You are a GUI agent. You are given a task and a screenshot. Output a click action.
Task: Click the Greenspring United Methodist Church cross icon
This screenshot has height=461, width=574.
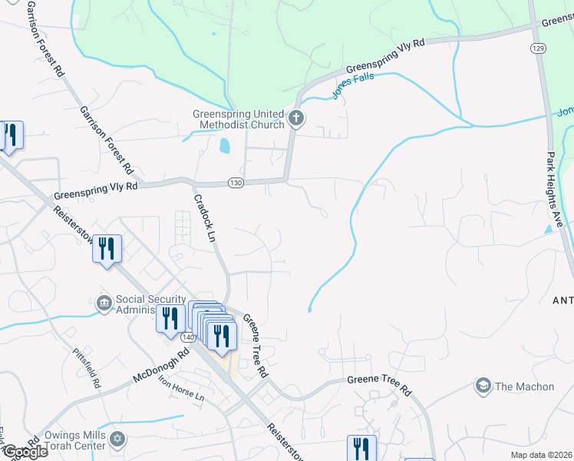tap(297, 120)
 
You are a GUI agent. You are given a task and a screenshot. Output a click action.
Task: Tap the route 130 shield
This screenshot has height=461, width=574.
tap(236, 182)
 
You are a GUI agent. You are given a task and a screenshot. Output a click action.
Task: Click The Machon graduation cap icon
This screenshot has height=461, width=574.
tap(483, 385)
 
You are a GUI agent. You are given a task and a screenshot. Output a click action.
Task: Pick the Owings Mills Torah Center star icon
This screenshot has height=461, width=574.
tap(117, 439)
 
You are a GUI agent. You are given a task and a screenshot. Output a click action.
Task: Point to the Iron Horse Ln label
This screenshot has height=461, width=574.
tap(180, 388)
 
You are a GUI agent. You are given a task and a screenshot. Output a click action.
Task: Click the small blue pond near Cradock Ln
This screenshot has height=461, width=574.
tap(223, 145)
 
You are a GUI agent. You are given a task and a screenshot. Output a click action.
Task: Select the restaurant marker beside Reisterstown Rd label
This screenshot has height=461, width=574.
tap(107, 249)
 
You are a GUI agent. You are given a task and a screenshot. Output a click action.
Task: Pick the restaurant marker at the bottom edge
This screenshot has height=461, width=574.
tap(361, 449)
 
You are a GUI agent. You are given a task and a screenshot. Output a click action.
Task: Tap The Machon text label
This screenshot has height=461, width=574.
tap(524, 386)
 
